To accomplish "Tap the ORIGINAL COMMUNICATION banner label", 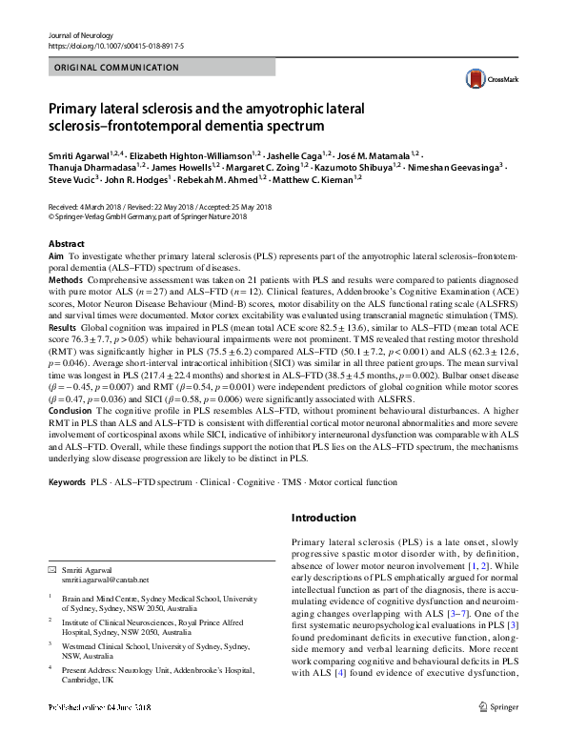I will coord(116,68).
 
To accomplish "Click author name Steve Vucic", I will coord(72,178).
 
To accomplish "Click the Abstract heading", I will coord(66,244).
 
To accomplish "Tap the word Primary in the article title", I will coord(76,109).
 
